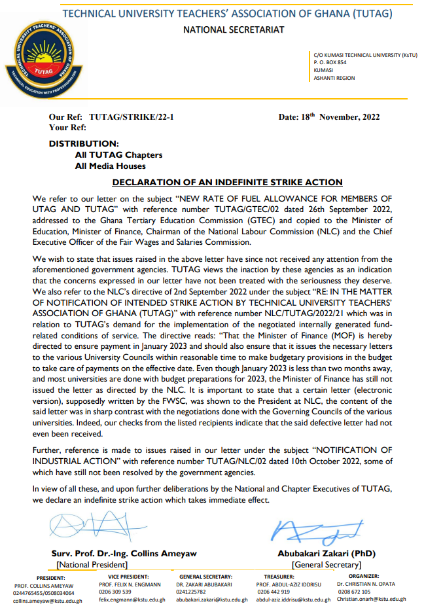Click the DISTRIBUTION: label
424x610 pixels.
[x=84, y=143]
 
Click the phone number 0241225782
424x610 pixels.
[x=191, y=592]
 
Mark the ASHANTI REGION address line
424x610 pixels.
[x=334, y=78]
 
